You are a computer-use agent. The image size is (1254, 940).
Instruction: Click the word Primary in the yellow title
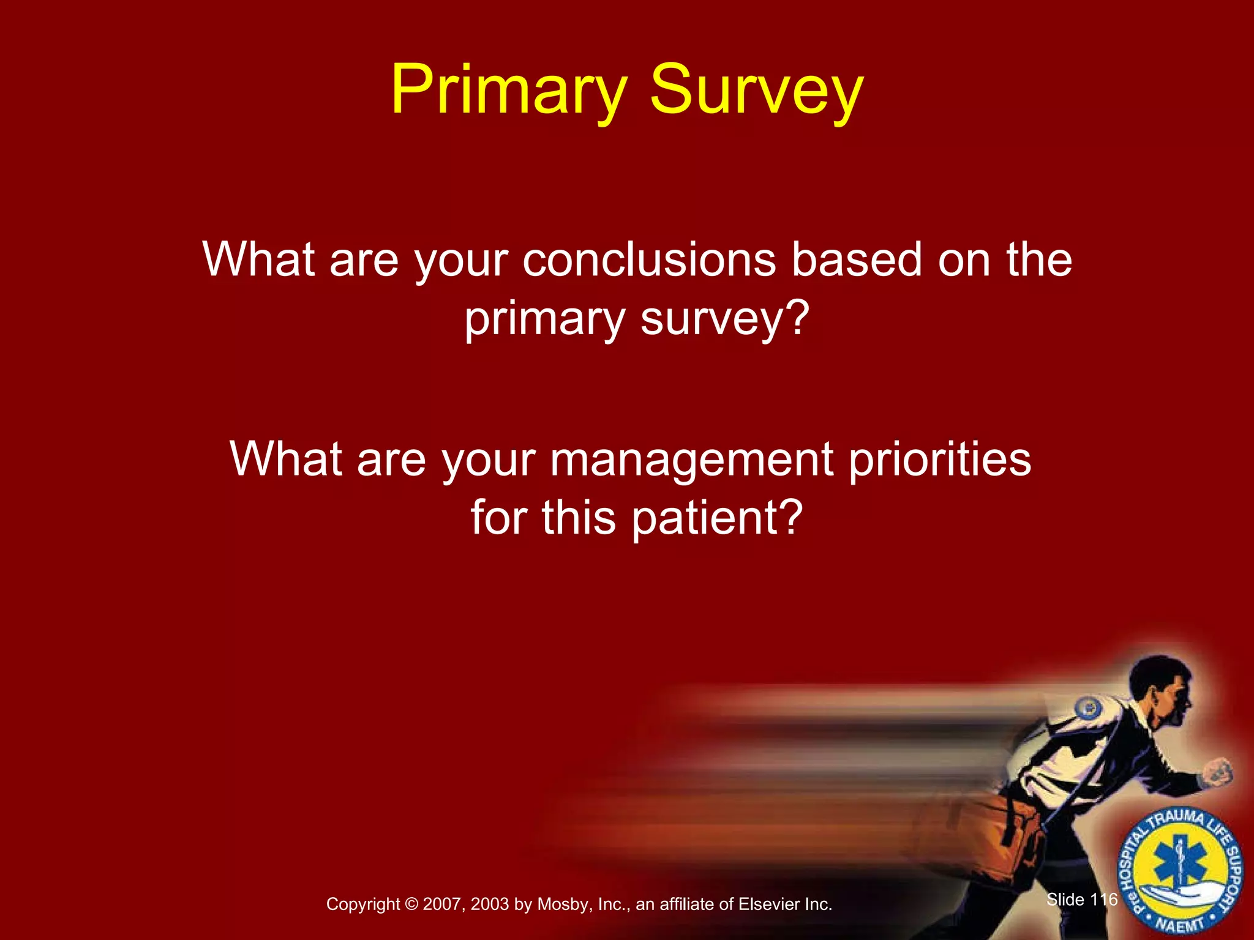pos(509,91)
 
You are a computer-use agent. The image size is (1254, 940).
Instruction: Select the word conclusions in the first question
pos(649,259)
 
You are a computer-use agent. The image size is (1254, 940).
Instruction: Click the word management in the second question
pos(691,459)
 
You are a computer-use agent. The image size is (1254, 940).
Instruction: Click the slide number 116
pos(1104,899)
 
